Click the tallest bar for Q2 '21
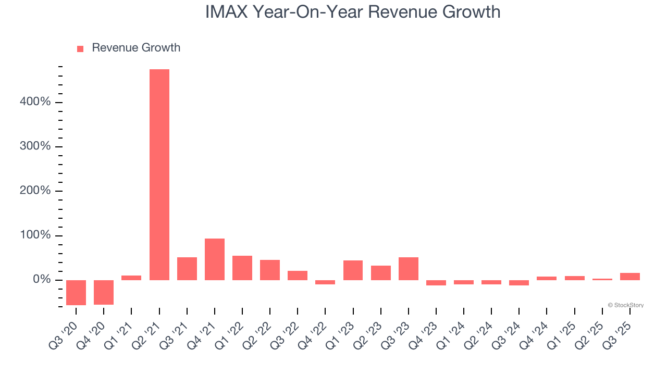pyautogui.click(x=159, y=174)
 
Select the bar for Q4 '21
pyautogui.click(x=215, y=259)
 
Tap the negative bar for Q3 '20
pyautogui.click(x=76, y=292)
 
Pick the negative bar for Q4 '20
pyautogui.click(x=104, y=292)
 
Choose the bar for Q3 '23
pyautogui.click(x=409, y=269)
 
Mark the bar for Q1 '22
pyautogui.click(x=242, y=268)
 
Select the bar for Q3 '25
pyautogui.click(x=630, y=277)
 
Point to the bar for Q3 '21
pyautogui.click(x=187, y=269)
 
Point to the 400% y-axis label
pyautogui.click(x=35, y=102)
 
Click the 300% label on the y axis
pyautogui.click(x=35, y=146)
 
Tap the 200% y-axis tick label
pyautogui.click(x=35, y=191)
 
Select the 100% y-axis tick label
pyautogui.click(x=35, y=235)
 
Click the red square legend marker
pyautogui.click(x=80, y=48)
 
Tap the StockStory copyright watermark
pyautogui.click(x=625, y=305)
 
